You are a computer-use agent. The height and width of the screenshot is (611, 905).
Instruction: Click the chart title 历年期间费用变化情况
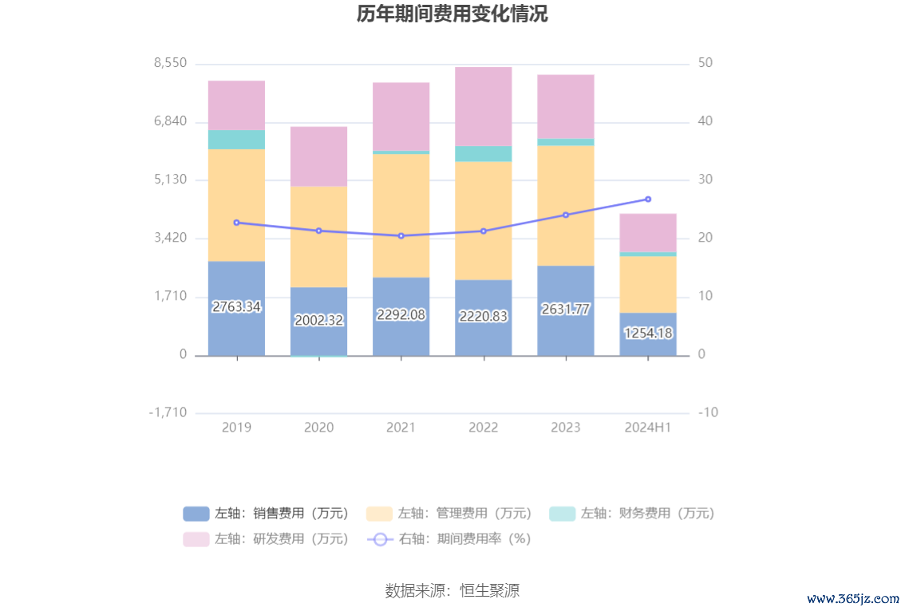tap(452, 14)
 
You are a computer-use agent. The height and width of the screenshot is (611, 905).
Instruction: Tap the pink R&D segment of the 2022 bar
tap(483, 105)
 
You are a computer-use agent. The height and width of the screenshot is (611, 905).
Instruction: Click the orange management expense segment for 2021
tap(401, 215)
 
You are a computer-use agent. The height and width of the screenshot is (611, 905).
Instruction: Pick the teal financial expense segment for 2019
tap(236, 140)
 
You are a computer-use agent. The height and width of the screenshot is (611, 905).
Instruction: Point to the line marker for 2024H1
tap(648, 199)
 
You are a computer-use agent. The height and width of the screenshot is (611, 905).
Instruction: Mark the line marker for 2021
tap(401, 236)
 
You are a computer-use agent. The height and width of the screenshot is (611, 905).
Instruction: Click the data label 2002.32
tap(318, 321)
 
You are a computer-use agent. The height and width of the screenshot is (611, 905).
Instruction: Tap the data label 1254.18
tap(648, 333)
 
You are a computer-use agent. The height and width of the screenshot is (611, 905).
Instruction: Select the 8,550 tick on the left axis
tap(170, 63)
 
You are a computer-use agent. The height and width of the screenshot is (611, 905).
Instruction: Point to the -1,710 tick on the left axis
tap(168, 412)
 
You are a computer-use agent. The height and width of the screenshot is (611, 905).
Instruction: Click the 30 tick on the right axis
tap(705, 179)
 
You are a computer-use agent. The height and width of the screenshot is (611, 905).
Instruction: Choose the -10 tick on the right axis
tap(707, 412)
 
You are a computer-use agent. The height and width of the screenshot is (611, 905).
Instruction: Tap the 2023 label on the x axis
tap(566, 428)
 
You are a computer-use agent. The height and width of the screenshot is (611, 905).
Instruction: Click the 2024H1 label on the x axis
tap(648, 428)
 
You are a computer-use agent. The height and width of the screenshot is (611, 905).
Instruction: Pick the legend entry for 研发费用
tap(267, 539)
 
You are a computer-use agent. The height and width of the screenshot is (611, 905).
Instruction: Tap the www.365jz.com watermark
tap(853, 598)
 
